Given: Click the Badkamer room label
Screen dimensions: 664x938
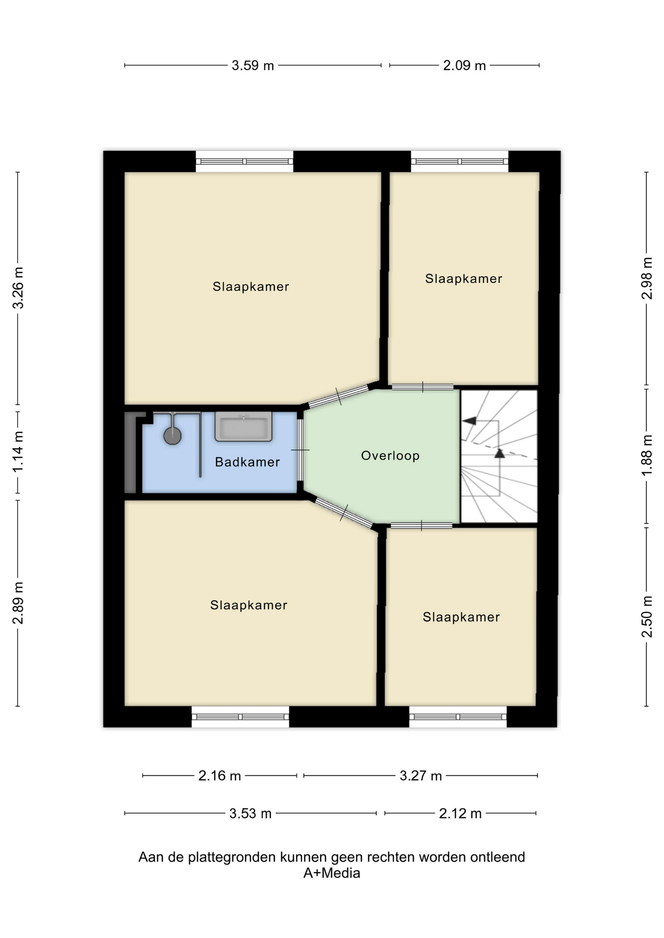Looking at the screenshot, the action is pos(247,462).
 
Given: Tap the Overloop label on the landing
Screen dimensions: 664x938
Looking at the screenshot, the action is pos(390,456).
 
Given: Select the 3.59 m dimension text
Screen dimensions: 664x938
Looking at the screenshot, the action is pos(253,65).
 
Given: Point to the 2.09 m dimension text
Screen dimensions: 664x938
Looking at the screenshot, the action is pos(465,65).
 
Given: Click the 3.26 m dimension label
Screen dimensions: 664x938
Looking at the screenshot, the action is pos(18,288).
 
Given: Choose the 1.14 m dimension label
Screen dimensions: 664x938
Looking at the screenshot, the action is pos(18,452).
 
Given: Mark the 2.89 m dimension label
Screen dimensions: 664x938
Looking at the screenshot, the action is pos(18,603).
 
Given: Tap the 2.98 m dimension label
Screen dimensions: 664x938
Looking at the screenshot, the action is pos(647,278).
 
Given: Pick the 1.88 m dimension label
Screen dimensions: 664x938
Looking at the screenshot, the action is pos(647,455).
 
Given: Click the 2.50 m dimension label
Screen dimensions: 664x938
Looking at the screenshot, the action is pos(647,617).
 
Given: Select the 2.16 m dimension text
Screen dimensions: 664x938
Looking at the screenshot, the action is pos(220,776).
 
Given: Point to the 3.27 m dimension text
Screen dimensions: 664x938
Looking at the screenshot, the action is pos(421,776).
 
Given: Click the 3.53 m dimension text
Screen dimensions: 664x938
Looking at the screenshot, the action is pos(250,813).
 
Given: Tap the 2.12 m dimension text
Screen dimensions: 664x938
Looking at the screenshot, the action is pos(460,813).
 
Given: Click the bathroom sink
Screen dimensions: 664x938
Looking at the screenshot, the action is pos(243,426).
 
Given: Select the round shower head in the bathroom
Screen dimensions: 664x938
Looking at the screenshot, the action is pos(173,436).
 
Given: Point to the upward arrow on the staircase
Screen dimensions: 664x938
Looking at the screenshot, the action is pos(499,453).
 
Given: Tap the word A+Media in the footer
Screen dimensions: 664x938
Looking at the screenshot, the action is pos(332,873).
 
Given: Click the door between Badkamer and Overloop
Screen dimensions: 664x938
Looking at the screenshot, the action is pos(300,449).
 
